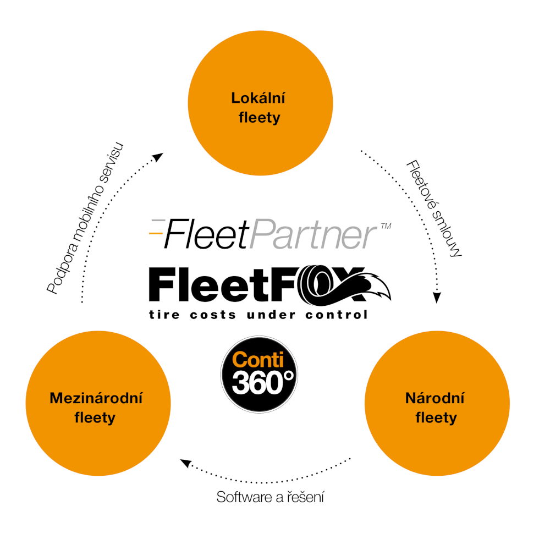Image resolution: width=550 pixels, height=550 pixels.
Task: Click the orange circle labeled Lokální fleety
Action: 260,105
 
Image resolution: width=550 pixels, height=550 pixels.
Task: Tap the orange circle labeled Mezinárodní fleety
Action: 96,408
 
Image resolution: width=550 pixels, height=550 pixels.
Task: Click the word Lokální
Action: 260,98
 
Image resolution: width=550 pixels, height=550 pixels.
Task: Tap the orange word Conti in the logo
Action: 258,361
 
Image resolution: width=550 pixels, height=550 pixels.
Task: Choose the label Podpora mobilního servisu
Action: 85,220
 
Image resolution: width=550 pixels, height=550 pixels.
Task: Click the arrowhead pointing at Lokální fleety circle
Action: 157,157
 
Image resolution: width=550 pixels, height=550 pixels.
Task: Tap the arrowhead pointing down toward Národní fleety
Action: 437,298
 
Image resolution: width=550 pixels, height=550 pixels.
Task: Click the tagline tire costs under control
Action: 257,315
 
